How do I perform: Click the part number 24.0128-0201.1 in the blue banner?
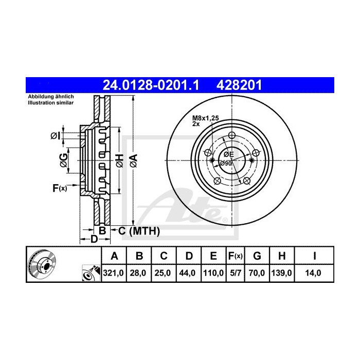point(151,85)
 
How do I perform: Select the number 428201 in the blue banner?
point(239,85)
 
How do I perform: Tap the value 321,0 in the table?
point(114,273)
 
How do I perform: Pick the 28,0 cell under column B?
point(138,273)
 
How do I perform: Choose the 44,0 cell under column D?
point(187,273)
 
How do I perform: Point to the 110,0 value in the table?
point(213,273)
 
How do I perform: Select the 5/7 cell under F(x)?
point(236,273)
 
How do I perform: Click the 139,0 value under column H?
point(281,273)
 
